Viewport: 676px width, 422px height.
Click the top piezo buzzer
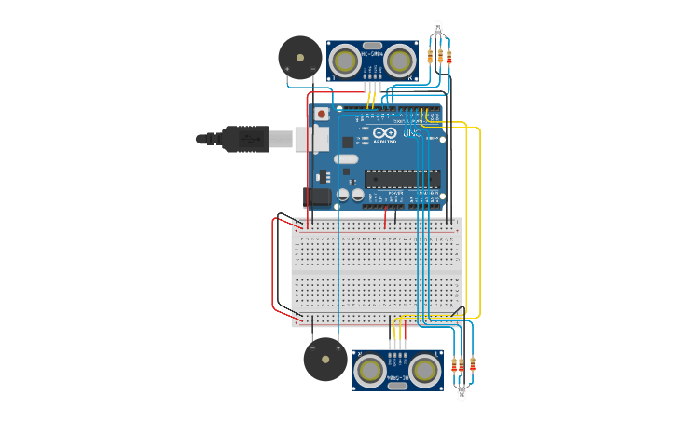(299, 57)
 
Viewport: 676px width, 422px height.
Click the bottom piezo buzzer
(325, 359)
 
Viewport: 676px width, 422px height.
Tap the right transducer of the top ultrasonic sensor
(401, 61)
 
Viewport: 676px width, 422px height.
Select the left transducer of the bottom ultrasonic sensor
(370, 371)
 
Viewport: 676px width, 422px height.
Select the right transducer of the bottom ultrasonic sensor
(425, 371)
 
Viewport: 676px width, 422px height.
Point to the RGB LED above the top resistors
(438, 27)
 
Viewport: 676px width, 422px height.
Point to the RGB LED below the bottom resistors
(462, 395)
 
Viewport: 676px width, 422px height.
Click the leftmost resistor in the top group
(430, 57)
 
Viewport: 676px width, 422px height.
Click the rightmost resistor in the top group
(449, 57)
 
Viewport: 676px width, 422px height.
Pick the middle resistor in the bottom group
(462, 364)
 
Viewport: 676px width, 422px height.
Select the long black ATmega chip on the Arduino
(402, 179)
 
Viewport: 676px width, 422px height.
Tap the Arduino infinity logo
(384, 132)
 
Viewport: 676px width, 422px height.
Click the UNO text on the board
(412, 134)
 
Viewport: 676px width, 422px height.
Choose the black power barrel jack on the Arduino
(316, 197)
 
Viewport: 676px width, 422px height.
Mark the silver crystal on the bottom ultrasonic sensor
(397, 384)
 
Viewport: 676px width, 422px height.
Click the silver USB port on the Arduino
(312, 139)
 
